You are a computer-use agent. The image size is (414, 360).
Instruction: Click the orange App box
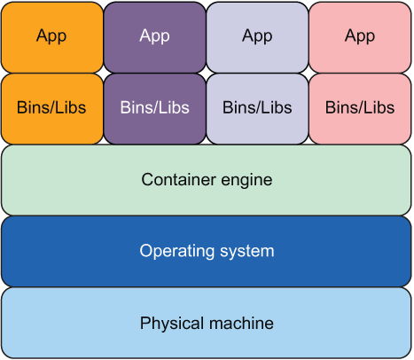52,37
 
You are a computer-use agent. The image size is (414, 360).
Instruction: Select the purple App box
155,37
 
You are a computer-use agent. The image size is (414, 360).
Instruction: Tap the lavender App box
257,37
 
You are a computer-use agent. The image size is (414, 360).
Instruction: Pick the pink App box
360,37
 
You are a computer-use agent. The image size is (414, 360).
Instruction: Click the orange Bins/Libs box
52,109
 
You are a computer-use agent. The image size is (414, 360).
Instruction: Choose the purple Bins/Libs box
155,109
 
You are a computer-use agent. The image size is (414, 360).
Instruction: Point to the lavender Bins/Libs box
257,109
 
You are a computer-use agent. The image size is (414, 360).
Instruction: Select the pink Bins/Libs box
360,109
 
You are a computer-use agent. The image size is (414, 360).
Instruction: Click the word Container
178,179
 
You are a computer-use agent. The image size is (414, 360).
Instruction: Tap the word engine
246,181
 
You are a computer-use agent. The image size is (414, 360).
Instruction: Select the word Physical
172,324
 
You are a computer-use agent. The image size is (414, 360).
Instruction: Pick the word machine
241,323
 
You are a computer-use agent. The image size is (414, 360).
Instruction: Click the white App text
154,36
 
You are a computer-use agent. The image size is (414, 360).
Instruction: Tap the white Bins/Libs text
154,107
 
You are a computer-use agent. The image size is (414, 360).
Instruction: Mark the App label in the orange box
51,36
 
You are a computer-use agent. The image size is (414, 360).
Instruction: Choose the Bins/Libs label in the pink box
360,107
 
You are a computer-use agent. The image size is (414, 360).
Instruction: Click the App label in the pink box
360,36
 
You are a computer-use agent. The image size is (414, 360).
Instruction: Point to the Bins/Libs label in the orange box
51,107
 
